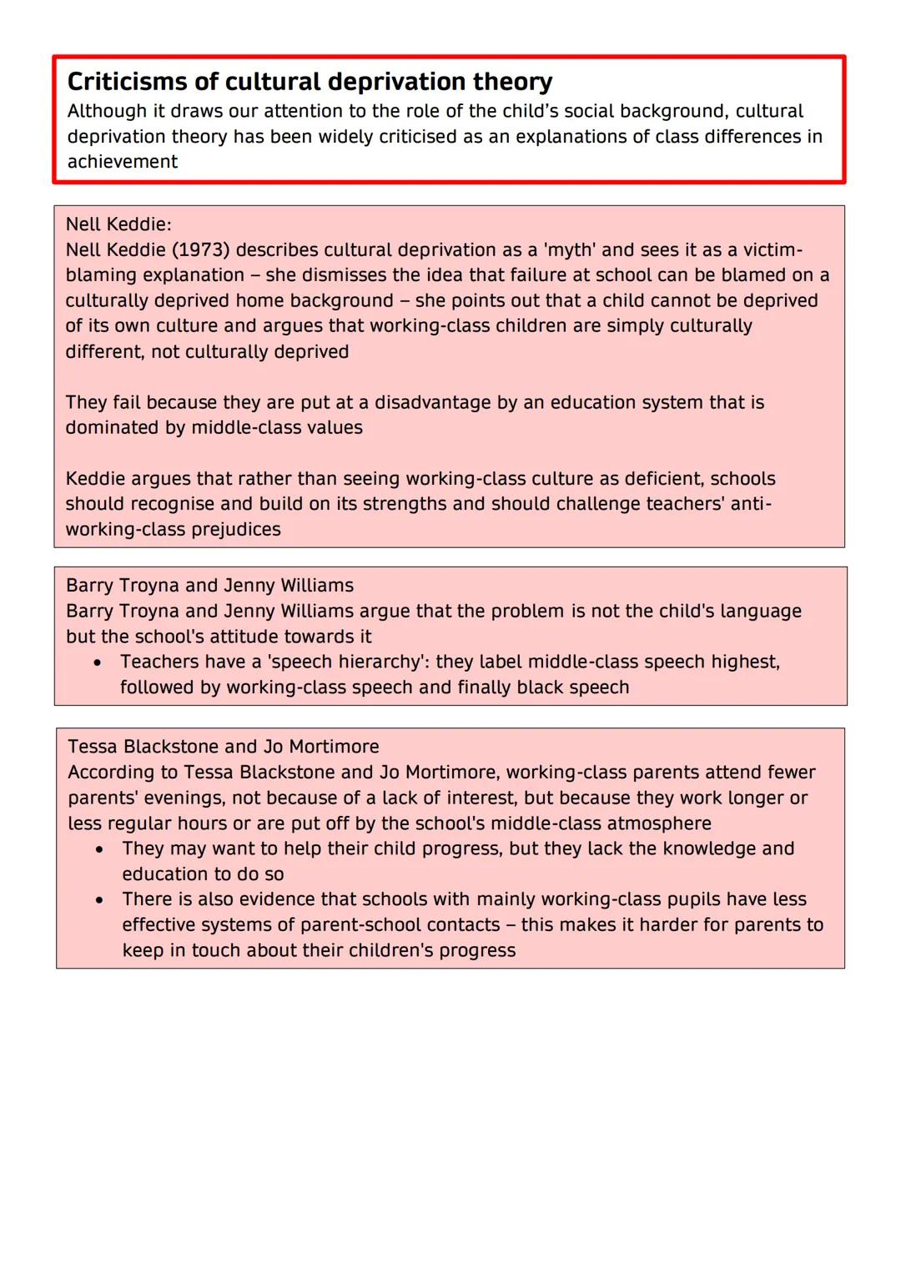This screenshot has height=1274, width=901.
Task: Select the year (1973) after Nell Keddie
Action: tap(200, 250)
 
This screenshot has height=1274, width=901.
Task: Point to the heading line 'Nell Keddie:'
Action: tap(118, 224)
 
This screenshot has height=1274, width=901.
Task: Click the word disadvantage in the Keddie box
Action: tap(434, 403)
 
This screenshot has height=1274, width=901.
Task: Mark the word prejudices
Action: tap(229, 530)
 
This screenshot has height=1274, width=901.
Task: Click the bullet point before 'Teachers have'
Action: tap(98, 662)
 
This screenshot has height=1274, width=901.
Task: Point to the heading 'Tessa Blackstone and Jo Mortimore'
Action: tap(224, 747)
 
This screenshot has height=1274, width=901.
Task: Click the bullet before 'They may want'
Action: tap(100, 849)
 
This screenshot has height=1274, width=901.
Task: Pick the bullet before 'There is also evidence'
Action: tap(100, 900)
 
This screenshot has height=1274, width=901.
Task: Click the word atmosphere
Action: tap(659, 823)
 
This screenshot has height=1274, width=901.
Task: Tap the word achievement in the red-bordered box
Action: tap(123, 162)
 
